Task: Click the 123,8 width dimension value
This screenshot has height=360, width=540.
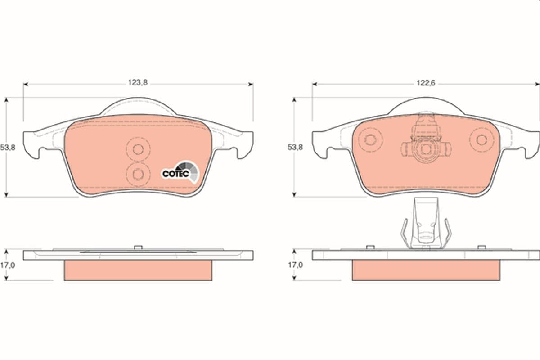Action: (138, 82)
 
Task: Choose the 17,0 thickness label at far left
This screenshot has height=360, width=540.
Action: (8, 265)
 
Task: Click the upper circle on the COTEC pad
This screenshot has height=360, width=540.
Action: (138, 149)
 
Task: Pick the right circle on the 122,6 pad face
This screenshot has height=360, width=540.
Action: (481, 139)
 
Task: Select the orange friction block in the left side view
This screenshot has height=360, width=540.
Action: (138, 270)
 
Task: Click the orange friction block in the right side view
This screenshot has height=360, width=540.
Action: (425, 270)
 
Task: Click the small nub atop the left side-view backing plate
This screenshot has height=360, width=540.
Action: (138, 246)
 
